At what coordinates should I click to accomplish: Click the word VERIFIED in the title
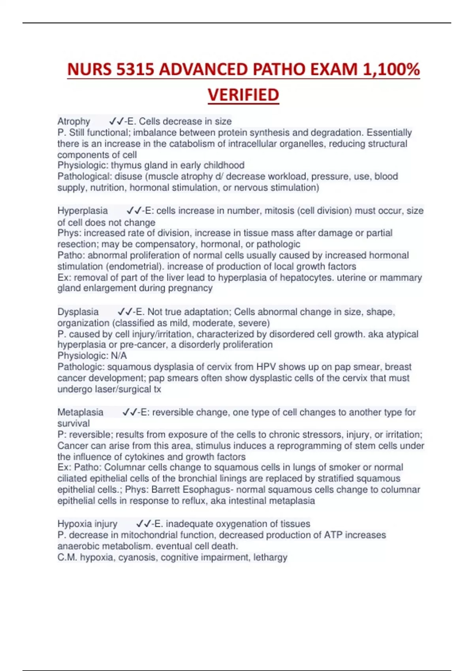click(x=243, y=95)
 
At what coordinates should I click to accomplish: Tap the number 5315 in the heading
click(x=135, y=70)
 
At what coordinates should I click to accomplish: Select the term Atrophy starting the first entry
click(x=74, y=121)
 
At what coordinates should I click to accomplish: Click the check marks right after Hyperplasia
click(x=134, y=211)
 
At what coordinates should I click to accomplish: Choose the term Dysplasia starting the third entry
click(x=78, y=312)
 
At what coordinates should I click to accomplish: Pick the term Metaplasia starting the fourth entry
click(x=80, y=412)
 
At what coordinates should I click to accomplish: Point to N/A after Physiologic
click(x=119, y=356)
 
